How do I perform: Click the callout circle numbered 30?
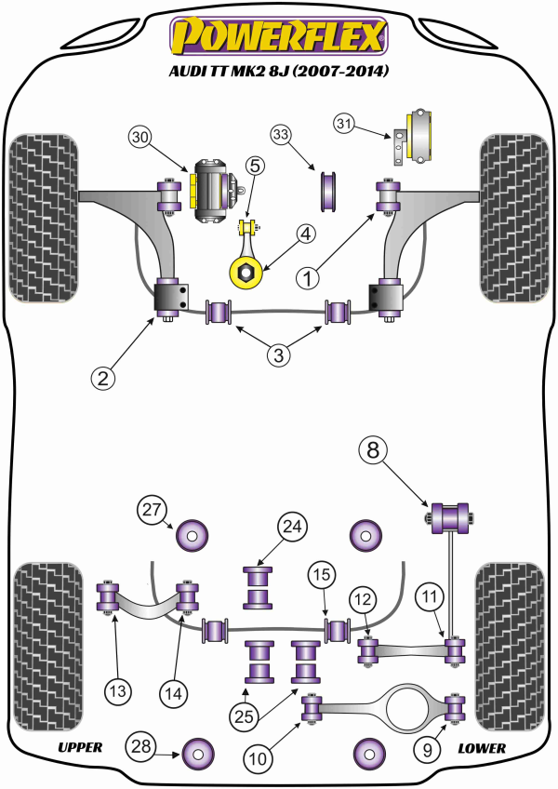pyautogui.click(x=140, y=138)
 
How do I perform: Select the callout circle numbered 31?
pyautogui.click(x=345, y=123)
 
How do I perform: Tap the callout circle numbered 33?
pyautogui.click(x=282, y=137)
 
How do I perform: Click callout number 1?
pyautogui.click(x=308, y=276)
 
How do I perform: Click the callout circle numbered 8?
pyautogui.click(x=372, y=451)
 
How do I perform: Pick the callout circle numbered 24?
pyautogui.click(x=292, y=528)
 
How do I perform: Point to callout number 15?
pyautogui.click(x=321, y=575)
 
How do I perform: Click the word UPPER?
pyautogui.click(x=79, y=747)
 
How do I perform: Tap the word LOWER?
pyautogui.click(x=481, y=747)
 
